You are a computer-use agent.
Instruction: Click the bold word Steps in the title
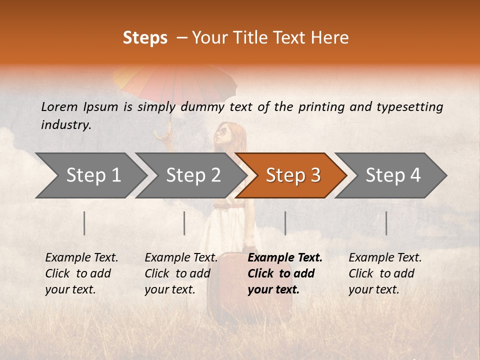coord(145,38)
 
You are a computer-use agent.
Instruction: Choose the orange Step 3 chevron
coord(293,175)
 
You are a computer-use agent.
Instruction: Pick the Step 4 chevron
coord(393,175)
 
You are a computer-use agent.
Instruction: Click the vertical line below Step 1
coord(84,223)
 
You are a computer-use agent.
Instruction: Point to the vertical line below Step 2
coord(184,223)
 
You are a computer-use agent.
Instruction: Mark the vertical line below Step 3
coord(285,223)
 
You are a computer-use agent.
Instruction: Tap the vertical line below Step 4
coord(386,223)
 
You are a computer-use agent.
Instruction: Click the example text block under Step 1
coord(81,273)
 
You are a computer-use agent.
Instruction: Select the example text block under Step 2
coord(181,273)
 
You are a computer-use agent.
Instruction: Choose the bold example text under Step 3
coord(285,273)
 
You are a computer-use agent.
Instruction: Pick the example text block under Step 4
coord(385,273)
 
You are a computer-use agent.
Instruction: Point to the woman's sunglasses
coord(222,132)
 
